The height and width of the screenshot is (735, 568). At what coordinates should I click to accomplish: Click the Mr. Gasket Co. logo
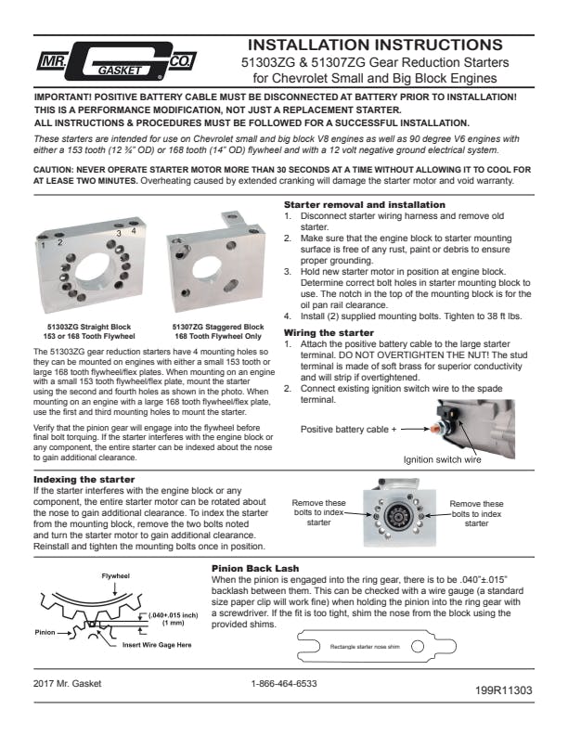[x=117, y=61]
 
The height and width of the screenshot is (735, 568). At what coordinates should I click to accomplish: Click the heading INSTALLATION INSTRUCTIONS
[x=375, y=45]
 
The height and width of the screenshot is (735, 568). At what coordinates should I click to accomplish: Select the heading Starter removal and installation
[x=365, y=204]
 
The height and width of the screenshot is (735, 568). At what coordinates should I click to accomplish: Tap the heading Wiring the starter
[x=329, y=333]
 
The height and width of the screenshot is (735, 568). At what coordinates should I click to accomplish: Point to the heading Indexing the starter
[x=84, y=480]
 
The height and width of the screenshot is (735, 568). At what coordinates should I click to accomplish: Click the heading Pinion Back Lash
[x=255, y=569]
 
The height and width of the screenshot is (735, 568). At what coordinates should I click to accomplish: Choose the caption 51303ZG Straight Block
[x=89, y=327]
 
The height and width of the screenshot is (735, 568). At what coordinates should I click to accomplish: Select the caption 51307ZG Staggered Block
[x=218, y=327]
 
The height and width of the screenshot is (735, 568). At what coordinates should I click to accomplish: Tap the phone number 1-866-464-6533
[x=284, y=683]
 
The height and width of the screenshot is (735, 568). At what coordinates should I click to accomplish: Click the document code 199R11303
[x=504, y=690]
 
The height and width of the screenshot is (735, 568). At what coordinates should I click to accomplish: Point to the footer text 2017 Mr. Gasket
[x=67, y=683]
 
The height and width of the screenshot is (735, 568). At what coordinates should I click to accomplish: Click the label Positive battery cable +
[x=349, y=429]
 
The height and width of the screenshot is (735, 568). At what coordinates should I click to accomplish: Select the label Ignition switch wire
[x=443, y=460]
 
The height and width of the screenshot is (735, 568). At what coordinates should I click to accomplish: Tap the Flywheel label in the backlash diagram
[x=116, y=576]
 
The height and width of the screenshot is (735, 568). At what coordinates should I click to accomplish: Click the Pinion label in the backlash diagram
[x=45, y=632]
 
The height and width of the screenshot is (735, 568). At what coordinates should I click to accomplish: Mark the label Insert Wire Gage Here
[x=157, y=645]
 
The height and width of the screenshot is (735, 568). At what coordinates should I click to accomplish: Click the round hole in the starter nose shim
[x=418, y=647]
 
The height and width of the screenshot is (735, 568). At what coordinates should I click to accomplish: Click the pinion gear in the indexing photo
[x=399, y=516]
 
